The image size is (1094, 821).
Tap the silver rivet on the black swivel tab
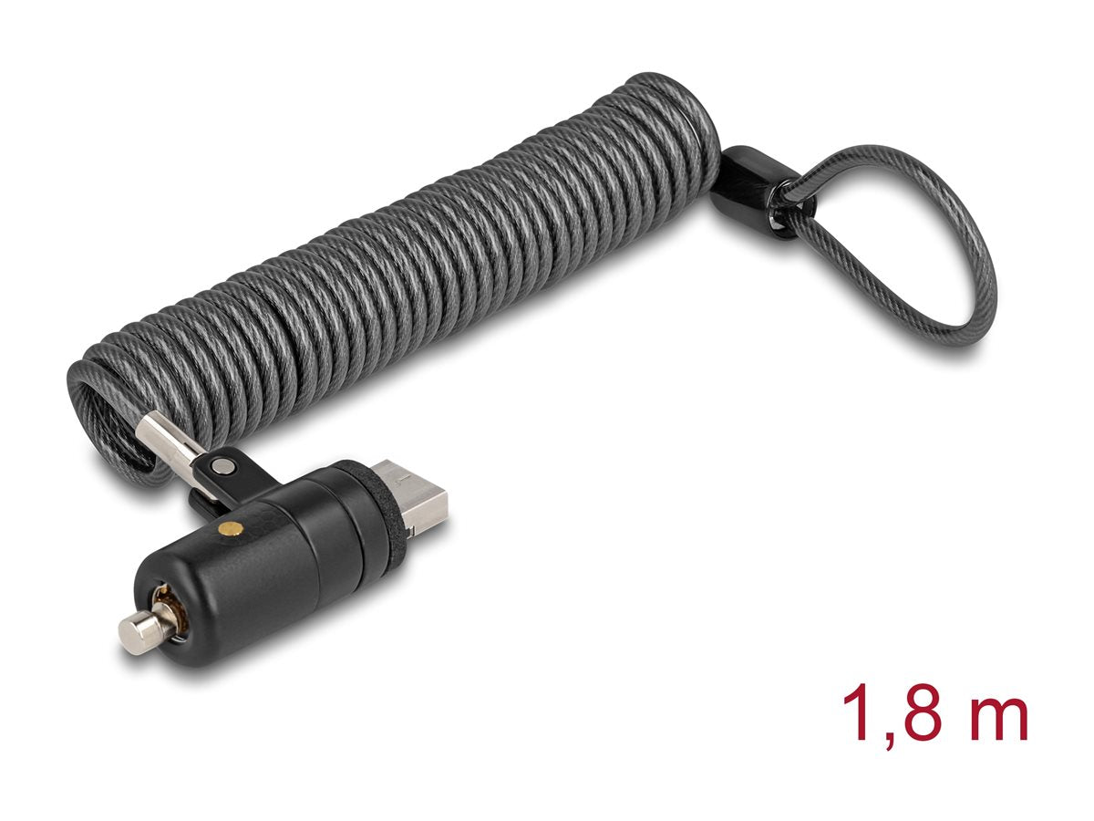[x=220, y=465]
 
